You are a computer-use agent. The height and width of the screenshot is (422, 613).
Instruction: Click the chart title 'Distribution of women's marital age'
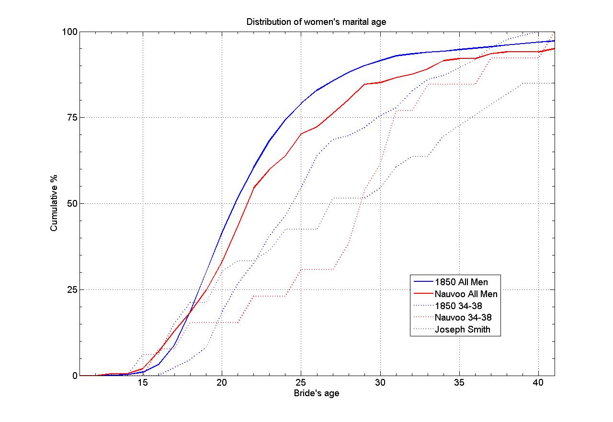(316, 22)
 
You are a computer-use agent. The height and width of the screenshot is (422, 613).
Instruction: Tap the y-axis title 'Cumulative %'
(54, 203)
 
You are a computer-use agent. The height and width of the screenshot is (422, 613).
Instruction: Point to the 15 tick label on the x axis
(143, 383)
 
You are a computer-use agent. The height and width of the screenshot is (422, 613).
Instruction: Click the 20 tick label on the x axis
(222, 383)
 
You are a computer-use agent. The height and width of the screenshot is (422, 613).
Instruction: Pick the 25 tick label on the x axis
(301, 383)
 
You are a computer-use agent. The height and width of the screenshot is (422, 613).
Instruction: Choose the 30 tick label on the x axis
(380, 383)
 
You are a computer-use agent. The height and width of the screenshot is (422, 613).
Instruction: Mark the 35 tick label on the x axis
(459, 383)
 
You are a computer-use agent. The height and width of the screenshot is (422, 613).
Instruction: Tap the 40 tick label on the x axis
(538, 383)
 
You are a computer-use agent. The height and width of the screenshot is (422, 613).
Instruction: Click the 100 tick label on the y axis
(70, 32)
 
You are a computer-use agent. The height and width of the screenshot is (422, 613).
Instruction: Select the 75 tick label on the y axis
(72, 117)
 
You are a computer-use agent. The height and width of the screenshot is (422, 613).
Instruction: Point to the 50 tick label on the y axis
(72, 203)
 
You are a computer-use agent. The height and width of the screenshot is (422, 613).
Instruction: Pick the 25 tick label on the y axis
(72, 289)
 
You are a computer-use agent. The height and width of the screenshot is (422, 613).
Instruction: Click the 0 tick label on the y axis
(74, 376)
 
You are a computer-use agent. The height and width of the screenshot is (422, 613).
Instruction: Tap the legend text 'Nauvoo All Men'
(466, 293)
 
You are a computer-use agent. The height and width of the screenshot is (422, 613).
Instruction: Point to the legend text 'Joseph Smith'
(462, 329)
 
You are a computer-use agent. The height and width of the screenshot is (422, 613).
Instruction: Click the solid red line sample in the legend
(422, 293)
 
